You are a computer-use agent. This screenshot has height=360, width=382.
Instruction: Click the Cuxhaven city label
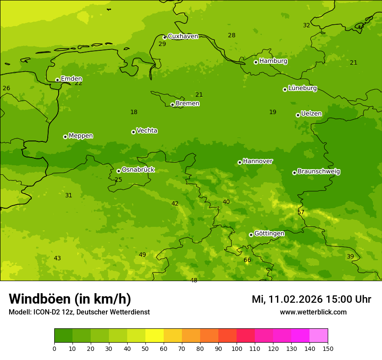click(x=183, y=36)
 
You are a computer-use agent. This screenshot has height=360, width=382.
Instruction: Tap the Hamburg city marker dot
click(x=256, y=62)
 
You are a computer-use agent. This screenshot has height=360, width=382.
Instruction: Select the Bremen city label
click(x=188, y=103)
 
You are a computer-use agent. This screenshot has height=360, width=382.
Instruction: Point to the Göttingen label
click(x=269, y=233)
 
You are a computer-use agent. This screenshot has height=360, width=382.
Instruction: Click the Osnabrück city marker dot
click(x=119, y=171)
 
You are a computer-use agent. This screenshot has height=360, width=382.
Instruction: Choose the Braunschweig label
click(x=319, y=171)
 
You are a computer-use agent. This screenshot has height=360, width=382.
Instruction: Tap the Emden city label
click(x=71, y=79)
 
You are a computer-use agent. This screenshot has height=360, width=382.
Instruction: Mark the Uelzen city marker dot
click(x=298, y=115)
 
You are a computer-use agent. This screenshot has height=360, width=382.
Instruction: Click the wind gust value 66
click(x=247, y=260)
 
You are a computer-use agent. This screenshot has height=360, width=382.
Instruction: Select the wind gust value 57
click(x=300, y=212)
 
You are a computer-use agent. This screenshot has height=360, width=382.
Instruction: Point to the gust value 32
click(x=306, y=25)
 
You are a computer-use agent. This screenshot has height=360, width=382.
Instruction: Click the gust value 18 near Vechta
click(x=134, y=112)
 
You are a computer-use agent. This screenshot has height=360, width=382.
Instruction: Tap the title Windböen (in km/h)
click(x=70, y=299)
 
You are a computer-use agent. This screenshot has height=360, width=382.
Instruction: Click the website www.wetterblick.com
click(x=313, y=312)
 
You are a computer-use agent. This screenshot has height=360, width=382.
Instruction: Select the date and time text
click(x=311, y=299)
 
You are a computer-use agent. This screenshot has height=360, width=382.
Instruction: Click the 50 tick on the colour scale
click(x=145, y=348)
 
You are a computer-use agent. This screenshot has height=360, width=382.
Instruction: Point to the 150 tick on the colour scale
click(x=327, y=348)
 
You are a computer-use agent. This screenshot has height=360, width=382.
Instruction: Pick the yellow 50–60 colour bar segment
click(x=155, y=336)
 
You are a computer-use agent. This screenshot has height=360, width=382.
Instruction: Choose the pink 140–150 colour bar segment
click(x=319, y=336)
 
